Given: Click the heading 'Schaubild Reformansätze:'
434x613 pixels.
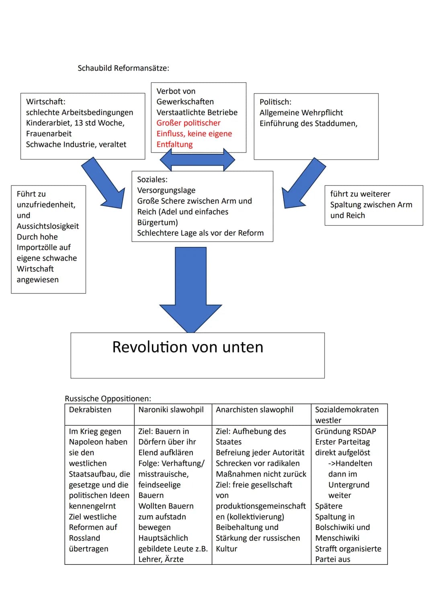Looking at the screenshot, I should tap(123, 68).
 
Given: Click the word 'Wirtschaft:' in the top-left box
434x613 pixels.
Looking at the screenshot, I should tap(45, 102).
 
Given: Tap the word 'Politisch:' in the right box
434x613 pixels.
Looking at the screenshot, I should tap(275, 102).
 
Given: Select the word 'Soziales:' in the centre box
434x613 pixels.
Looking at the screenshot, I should tap(152, 179).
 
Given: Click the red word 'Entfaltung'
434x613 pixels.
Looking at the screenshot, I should tap(174, 145).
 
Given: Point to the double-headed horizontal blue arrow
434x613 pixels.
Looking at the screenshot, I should tap(197, 160).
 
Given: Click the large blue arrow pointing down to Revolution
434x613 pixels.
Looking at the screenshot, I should tap(191, 289).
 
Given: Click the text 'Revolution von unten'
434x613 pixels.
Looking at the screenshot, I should tap(188, 347).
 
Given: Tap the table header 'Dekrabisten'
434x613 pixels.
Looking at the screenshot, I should tap(90, 410).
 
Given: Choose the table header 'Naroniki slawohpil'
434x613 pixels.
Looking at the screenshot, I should tap(171, 410).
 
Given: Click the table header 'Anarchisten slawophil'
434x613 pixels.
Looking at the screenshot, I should tap(254, 410).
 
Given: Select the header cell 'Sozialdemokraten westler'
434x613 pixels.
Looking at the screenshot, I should tap(346, 415).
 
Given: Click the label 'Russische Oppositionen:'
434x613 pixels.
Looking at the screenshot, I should tap(108, 399).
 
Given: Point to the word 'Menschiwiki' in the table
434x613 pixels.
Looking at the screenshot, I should tap(337, 538).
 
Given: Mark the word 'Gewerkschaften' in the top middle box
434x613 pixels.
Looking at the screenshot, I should tap(185, 102).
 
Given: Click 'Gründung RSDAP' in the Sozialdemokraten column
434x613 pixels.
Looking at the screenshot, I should tap(345, 432).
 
